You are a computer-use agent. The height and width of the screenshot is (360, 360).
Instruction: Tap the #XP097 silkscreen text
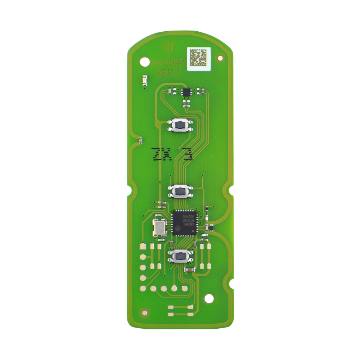click(168, 63)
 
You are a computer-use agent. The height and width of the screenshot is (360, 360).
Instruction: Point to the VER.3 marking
click(168, 72)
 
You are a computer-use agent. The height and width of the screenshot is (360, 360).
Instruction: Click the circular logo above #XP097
click(168, 47)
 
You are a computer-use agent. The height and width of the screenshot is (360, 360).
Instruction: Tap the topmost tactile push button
click(180, 125)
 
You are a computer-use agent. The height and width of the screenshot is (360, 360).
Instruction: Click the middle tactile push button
click(180, 191)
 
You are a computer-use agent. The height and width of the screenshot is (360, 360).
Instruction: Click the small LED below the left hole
click(145, 80)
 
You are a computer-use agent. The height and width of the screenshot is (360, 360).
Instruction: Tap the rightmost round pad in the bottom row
click(185, 288)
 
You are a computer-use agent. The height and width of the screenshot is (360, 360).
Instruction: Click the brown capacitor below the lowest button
click(189, 269)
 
